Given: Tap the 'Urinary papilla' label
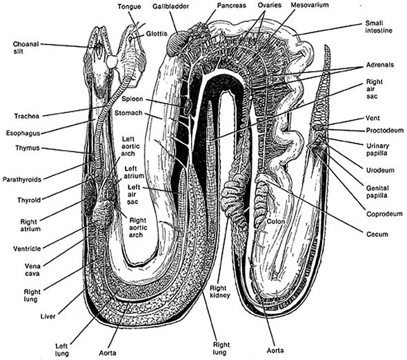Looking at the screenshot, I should pos(379,148).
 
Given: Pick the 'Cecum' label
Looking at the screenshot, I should pos(377,234).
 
